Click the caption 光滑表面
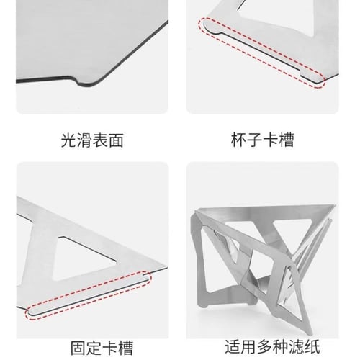click(x=92, y=140)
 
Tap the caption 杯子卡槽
click(x=262, y=140)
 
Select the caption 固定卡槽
click(x=102, y=348)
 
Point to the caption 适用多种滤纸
click(x=272, y=346)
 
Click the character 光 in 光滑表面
click(x=68, y=140)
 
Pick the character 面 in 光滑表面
click(x=116, y=140)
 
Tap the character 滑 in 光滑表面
click(x=84, y=140)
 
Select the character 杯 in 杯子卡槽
click(x=238, y=140)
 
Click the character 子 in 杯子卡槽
click(x=254, y=140)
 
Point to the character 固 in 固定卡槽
click(x=78, y=348)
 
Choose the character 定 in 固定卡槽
click(x=94, y=348)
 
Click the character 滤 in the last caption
click(x=296, y=346)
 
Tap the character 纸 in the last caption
click(x=312, y=346)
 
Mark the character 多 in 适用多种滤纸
click(x=264, y=346)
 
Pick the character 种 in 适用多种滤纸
click(x=280, y=346)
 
